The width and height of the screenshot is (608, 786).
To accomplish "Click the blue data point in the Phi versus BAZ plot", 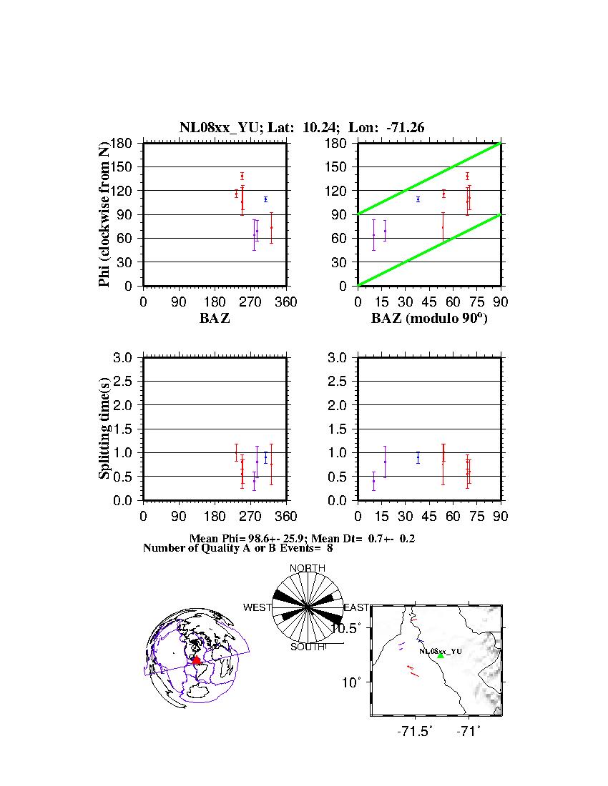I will [265, 199].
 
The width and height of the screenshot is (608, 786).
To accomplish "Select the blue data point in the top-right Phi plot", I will [418, 199].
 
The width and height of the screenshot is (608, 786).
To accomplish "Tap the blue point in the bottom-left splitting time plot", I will [265, 457].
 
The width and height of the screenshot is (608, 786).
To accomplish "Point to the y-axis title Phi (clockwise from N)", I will [104, 214].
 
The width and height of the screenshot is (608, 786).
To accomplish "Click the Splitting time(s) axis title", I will [104, 429].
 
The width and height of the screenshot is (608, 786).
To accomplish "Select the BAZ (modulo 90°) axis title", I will [429, 319].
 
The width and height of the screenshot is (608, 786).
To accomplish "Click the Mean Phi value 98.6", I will [259, 537].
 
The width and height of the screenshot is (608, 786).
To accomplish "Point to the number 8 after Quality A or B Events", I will [330, 548].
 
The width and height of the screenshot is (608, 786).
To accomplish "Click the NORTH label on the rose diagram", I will [307, 568].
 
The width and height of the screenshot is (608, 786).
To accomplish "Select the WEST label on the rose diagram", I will [258, 607].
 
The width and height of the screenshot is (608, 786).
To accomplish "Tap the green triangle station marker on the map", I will [441, 655].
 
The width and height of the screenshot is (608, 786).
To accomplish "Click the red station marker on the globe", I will [196, 660].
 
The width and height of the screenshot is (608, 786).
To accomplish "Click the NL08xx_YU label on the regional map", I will [441, 651].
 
